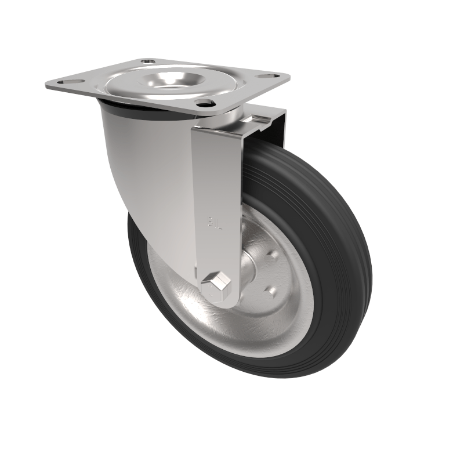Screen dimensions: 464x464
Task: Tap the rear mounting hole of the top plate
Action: click(x=148, y=60)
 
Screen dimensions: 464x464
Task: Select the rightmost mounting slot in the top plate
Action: click(x=268, y=76)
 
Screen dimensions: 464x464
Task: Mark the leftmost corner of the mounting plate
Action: click(x=46, y=86)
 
